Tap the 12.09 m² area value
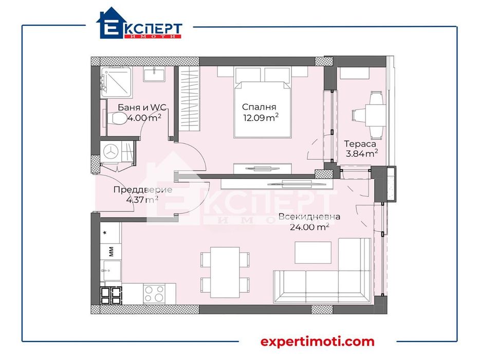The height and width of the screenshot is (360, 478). pyautogui.click(x=261, y=118)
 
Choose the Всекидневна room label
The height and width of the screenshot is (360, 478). pyautogui.click(x=309, y=217)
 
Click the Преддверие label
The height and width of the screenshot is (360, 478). pyautogui.click(x=142, y=190)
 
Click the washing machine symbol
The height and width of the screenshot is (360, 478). pyautogui.click(x=113, y=151)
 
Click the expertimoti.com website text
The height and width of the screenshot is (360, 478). pyautogui.click(x=317, y=341)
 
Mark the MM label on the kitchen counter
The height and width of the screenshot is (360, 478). pyautogui.click(x=111, y=251)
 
